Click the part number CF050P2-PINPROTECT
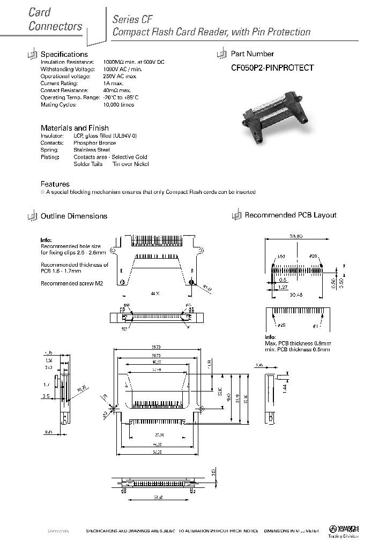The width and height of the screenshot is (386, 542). tap(272, 68)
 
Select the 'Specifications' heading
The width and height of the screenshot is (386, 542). tap(64, 54)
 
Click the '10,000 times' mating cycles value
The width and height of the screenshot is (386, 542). tap(120, 104)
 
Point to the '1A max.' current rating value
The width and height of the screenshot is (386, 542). tap(113, 83)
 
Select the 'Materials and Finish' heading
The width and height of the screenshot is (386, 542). tap(75, 128)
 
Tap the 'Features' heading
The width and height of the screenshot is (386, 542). tap(55, 184)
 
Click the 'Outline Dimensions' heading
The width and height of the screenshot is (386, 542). tap(74, 216)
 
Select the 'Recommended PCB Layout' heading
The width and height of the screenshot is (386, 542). tap(291, 215)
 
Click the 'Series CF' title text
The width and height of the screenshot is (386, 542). tap(125, 19)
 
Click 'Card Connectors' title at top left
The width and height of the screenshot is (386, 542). tap(55, 19)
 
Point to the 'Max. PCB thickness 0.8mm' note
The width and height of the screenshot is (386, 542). tap(298, 343)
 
